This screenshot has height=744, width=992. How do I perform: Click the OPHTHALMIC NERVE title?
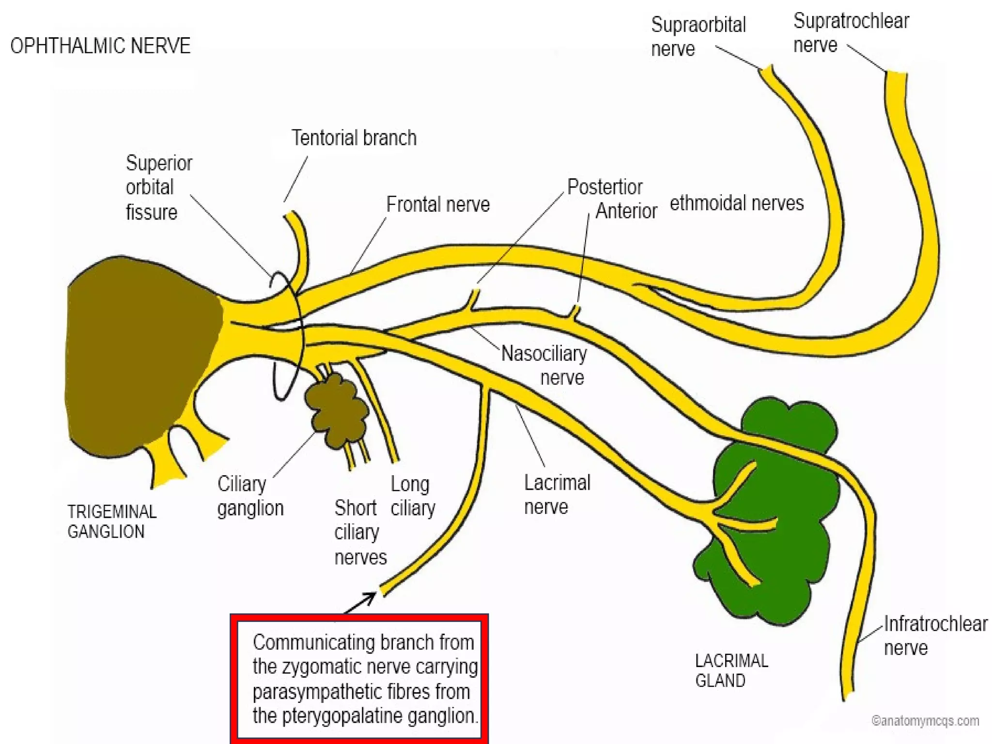[100, 46]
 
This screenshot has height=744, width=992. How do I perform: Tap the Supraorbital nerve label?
[697, 37]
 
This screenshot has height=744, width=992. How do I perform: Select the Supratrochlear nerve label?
[851, 33]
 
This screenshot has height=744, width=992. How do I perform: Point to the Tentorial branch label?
[354, 138]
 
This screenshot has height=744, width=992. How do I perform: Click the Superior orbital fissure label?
[159, 187]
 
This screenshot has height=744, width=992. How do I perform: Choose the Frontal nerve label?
[438, 204]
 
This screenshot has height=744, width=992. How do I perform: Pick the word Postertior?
[604, 187]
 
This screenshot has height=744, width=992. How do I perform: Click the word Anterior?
[626, 211]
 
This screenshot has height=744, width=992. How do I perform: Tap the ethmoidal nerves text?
[736, 203]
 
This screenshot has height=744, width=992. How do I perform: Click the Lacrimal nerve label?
[557, 495]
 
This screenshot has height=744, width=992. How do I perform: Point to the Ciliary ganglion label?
[250, 496]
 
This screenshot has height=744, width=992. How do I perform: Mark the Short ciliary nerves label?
[360, 532]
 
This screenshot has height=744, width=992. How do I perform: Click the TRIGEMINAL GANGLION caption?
[112, 522]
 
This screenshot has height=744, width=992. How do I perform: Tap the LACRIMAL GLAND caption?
[731, 670]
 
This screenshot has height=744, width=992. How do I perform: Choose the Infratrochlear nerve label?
[935, 635]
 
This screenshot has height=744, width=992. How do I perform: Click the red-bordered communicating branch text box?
[359, 678]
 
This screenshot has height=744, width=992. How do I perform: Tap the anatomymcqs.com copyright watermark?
[925, 721]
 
